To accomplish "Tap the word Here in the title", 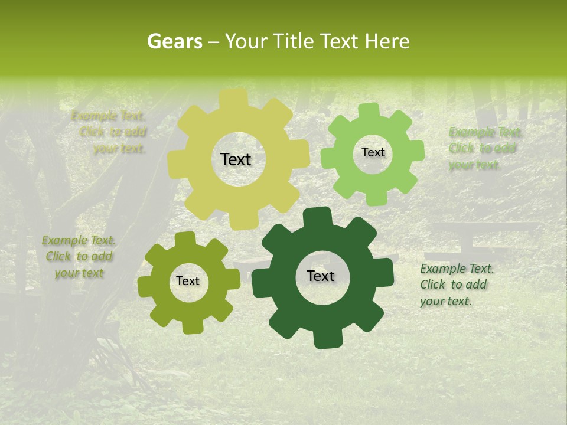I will click(387, 41).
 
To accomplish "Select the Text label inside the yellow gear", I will click(236, 159).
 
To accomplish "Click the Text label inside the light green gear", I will click(373, 152).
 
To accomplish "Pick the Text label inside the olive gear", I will click(188, 282).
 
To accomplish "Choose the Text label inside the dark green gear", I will click(321, 276).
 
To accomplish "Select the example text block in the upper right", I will click(484, 148).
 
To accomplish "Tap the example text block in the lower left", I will click(79, 257).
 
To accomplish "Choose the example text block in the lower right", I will click(456, 285).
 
